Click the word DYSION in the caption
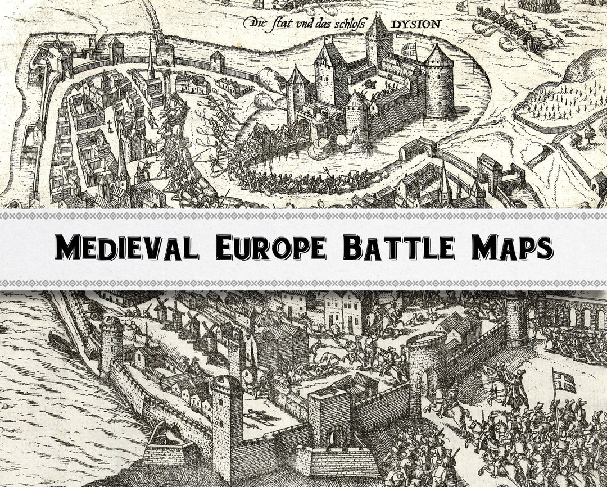pos(415,24)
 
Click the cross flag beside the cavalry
pos(564,382)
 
